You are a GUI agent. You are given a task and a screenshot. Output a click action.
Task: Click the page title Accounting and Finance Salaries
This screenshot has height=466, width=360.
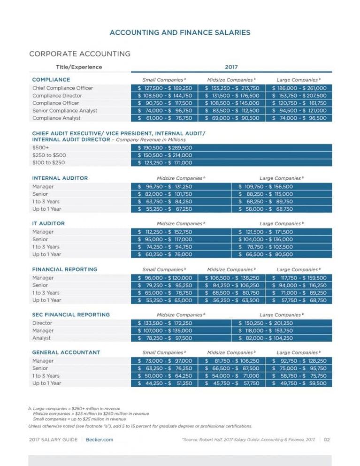coord(180,32)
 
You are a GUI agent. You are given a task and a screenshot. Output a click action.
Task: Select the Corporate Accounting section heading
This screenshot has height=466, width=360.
coord(80,54)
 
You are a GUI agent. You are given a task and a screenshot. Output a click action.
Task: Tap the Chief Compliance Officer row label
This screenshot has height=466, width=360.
coord(62,88)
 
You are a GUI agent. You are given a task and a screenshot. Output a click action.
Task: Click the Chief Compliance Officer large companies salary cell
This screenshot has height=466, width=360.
coord(299,88)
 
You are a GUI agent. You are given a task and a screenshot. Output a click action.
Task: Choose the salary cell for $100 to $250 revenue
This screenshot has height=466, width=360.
coord(165,163)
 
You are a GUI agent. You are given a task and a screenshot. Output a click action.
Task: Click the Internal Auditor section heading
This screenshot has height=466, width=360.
coord(60,178)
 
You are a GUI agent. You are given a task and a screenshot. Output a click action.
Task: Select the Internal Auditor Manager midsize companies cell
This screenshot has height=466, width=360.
coord(165,187)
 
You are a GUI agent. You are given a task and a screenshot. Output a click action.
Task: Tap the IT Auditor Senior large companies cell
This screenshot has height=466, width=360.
coord(266,239)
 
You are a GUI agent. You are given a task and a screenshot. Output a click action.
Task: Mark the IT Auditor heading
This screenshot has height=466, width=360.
coord(48,223)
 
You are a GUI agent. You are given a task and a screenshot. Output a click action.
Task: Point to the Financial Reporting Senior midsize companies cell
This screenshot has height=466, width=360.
coord(232,285)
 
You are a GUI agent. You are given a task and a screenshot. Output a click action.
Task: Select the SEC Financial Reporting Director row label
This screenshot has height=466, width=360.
coord(42,323)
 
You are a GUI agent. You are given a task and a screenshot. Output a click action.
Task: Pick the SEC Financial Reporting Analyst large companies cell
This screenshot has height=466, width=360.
coord(266,338)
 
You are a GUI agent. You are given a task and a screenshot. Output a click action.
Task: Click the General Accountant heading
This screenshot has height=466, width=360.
coord(66,352)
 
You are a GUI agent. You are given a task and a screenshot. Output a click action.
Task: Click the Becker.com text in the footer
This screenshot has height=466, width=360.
coord(100,440)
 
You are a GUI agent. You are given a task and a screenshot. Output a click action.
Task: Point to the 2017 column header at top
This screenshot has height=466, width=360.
coord(232,67)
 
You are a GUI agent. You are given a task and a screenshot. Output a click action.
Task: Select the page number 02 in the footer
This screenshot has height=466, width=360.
coord(327,440)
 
